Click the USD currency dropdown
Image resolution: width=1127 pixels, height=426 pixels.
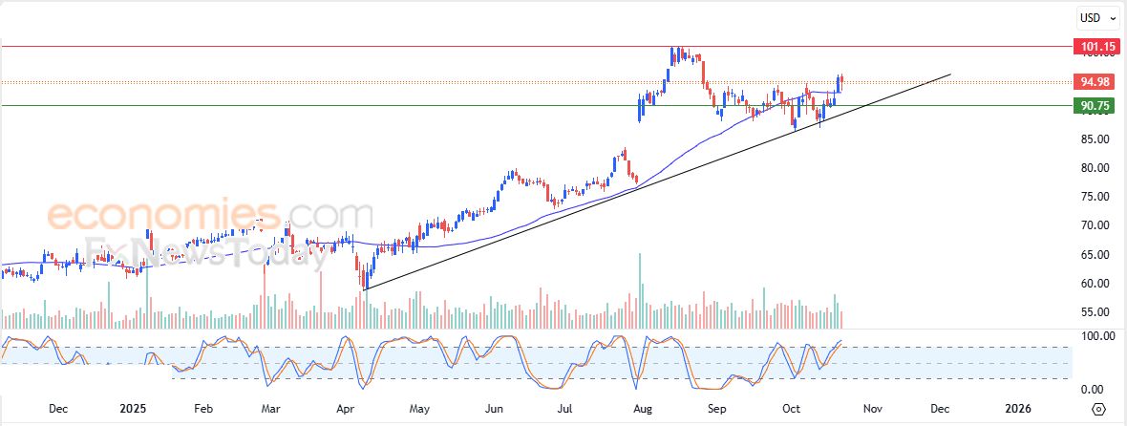(1097, 17)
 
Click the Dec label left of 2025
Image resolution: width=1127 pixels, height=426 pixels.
(58, 409)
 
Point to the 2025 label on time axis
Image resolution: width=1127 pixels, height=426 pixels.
(134, 409)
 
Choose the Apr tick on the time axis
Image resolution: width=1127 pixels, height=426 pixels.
(344, 409)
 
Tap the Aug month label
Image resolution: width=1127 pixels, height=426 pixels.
(643, 409)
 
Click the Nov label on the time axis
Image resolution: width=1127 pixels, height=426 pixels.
(871, 409)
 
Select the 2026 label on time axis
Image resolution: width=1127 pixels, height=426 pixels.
(1018, 409)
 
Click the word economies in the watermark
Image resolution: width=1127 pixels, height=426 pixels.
(163, 216)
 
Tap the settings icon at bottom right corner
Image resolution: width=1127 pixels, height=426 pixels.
(1098, 409)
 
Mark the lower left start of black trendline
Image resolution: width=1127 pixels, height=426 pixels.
(364, 289)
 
